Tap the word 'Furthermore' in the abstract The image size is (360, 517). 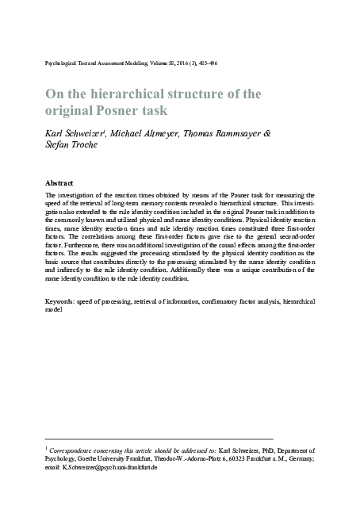[x=74, y=247]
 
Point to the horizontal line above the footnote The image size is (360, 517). [x=159, y=439]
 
